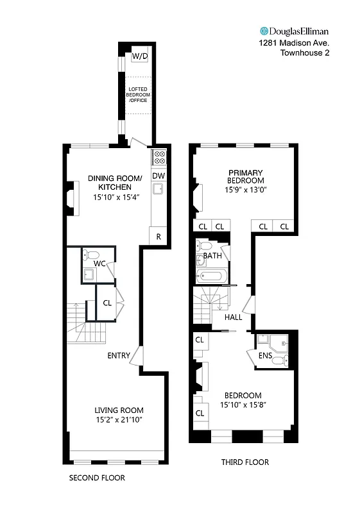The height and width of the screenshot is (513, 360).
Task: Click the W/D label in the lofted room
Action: point(140,56)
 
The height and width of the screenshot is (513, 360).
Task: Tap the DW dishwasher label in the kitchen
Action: point(159,176)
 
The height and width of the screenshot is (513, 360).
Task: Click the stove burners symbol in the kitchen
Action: point(159,157)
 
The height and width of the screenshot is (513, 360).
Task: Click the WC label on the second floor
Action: point(99,264)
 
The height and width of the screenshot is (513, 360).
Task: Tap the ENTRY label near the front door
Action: point(119,355)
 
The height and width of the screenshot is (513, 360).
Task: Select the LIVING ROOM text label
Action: point(119,410)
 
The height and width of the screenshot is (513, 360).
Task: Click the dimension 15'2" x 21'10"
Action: point(119,420)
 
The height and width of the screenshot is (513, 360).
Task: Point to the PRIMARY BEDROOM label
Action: point(245,176)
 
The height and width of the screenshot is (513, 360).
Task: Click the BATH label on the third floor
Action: point(213,256)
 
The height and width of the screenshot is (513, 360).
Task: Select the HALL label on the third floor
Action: point(233,317)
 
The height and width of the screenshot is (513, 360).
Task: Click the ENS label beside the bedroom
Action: point(265,355)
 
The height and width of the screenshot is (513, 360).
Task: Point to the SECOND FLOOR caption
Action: point(97,478)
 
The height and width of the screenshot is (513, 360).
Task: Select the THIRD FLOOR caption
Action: point(244,462)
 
